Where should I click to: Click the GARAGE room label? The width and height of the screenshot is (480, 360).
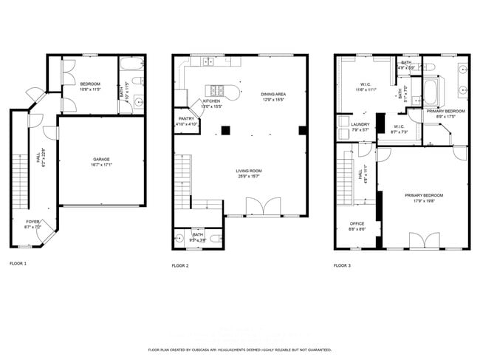point(101,160)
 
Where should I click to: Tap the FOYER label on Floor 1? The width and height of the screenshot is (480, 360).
point(33,221)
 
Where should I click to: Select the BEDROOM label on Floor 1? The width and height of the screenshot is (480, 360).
point(90,84)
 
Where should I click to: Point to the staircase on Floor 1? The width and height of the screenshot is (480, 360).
point(19,182)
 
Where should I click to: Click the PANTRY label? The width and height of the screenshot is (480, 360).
point(186,119)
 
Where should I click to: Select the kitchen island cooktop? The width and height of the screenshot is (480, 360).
point(218,91)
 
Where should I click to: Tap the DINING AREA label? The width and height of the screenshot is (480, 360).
point(273,95)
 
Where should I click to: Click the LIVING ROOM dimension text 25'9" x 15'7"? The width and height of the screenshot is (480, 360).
point(250,176)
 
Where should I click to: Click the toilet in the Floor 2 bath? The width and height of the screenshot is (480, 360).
point(212,238)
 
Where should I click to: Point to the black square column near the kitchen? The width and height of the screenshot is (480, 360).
point(226,131)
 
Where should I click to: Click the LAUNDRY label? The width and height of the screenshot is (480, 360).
point(360,124)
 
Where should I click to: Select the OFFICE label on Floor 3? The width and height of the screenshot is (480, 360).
point(357,223)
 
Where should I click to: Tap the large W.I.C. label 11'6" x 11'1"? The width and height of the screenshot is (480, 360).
point(366,84)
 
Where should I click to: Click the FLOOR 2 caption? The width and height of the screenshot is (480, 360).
point(181,265)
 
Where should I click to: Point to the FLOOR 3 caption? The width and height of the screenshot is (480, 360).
point(342,265)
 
